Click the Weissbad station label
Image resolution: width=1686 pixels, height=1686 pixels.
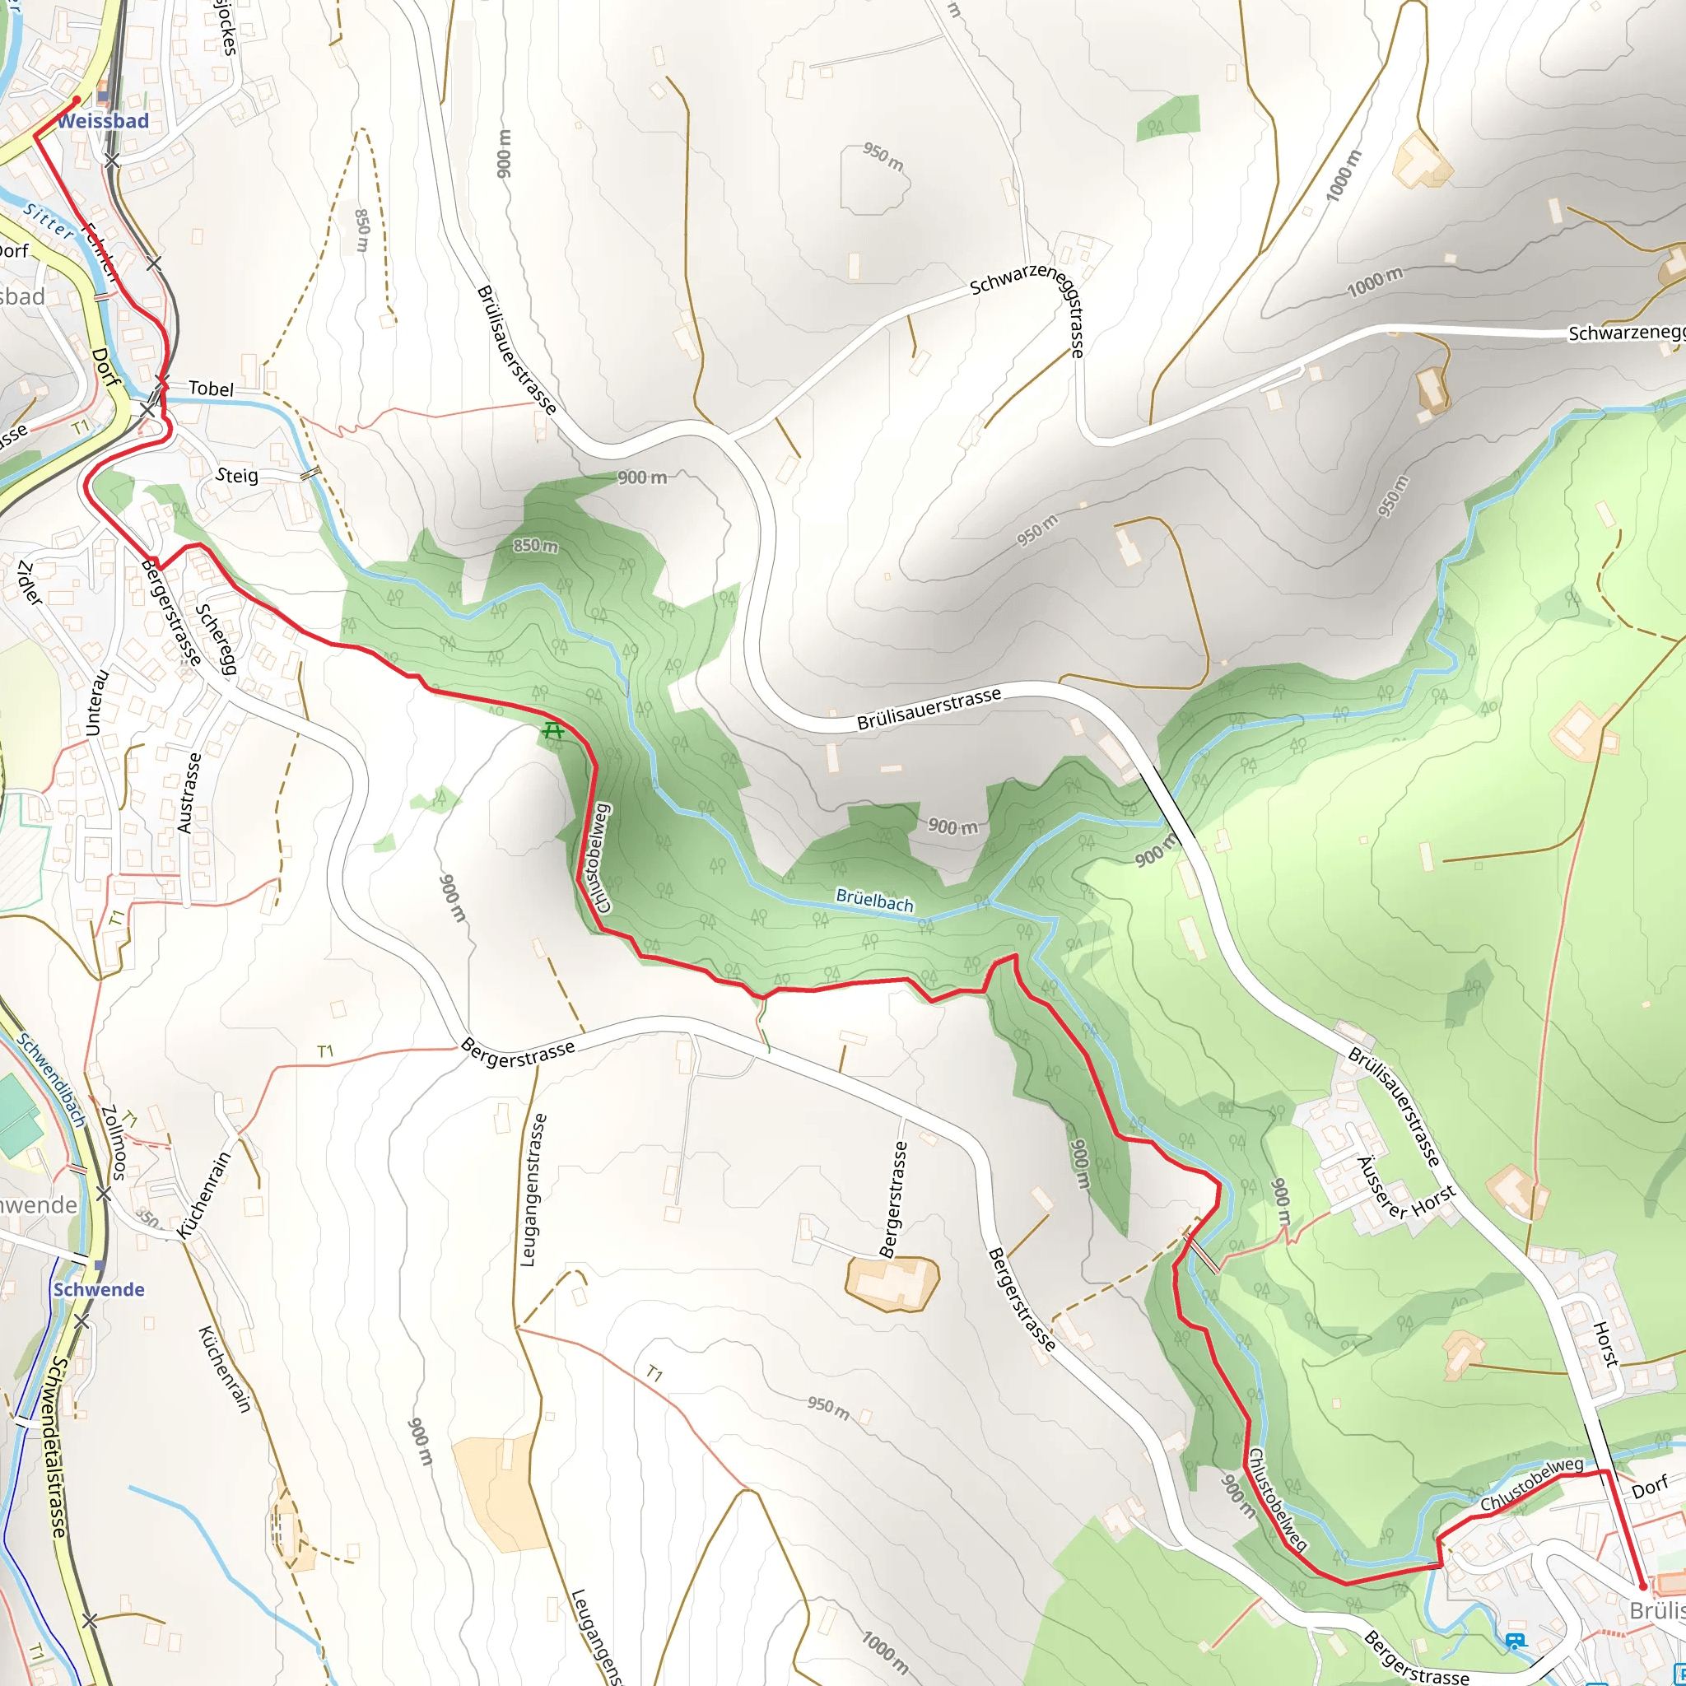[x=103, y=121]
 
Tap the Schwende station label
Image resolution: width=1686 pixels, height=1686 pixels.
[x=99, y=1290]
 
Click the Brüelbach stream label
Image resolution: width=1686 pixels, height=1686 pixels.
[x=873, y=901]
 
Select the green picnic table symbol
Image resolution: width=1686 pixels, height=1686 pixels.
[x=552, y=730]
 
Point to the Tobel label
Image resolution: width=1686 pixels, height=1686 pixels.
[x=212, y=389]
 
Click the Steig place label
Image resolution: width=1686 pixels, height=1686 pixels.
[x=237, y=476]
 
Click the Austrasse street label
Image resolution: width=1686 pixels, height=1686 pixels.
[x=189, y=793]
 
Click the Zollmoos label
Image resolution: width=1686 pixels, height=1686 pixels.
[x=114, y=1143]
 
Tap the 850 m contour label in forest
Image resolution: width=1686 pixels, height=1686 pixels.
[x=535, y=546]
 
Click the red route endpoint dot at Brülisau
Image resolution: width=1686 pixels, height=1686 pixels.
[x=1642, y=1586]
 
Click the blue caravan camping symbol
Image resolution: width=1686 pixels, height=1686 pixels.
[x=1516, y=1641]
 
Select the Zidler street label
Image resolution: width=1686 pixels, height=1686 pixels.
[x=29, y=583]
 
